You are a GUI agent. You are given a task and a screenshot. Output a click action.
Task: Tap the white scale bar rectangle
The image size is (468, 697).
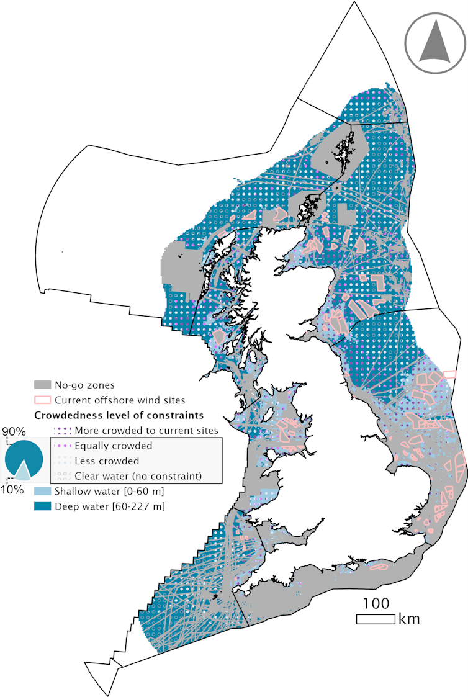(375, 619)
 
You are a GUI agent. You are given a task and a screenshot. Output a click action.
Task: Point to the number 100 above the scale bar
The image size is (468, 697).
(376, 603)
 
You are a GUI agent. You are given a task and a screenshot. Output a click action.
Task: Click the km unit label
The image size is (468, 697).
(410, 619)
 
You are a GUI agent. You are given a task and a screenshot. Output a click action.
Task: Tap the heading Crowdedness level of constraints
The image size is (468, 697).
(120, 415)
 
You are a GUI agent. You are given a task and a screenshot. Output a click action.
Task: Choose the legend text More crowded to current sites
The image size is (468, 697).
(146, 430)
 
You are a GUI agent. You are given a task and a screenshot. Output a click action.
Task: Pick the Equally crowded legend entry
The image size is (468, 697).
(113, 446)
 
